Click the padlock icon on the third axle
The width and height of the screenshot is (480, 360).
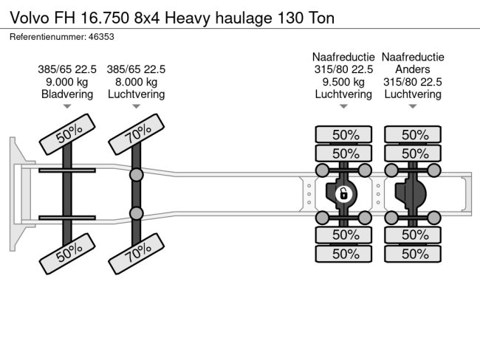pyautogui.click(x=343, y=194)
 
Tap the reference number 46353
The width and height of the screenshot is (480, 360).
pyautogui.click(x=101, y=37)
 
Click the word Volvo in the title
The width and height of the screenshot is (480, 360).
pyautogui.click(x=30, y=18)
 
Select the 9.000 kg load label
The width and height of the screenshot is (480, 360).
pyautogui.click(x=67, y=82)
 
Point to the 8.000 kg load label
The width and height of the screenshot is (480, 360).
pyautogui.click(x=136, y=82)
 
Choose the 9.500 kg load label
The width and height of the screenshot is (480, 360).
pyautogui.click(x=343, y=82)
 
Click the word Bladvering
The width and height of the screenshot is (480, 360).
pyautogui.click(x=67, y=94)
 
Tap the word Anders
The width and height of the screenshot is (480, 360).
pyautogui.click(x=413, y=69)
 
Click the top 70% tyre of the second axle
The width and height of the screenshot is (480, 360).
pyautogui.click(x=136, y=134)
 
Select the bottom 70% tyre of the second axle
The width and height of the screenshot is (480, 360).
pyautogui.click(x=136, y=254)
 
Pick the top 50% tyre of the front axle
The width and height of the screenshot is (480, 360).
pyautogui.click(x=67, y=134)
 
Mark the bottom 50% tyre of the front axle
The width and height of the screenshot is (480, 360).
pyautogui.click(x=67, y=254)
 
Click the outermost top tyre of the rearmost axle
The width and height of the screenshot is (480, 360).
pyautogui.click(x=413, y=134)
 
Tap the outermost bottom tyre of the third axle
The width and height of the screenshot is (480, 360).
pyautogui.click(x=343, y=254)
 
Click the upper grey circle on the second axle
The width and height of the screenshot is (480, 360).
pyautogui.click(x=136, y=175)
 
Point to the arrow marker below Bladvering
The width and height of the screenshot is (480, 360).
pyautogui.click(x=67, y=106)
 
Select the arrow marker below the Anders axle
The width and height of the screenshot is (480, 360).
pyautogui.click(x=413, y=106)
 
